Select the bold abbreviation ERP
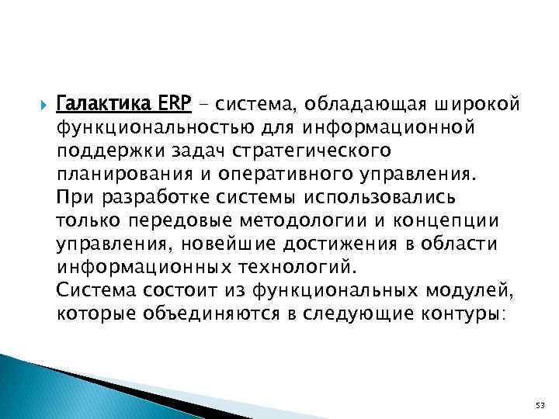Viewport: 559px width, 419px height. click(x=163, y=104)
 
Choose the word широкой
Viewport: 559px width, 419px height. click(x=465, y=104)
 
